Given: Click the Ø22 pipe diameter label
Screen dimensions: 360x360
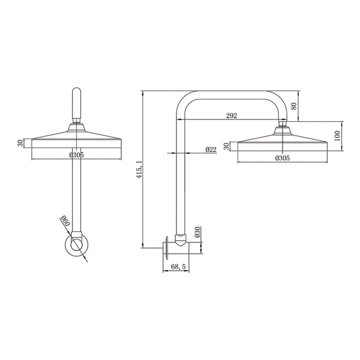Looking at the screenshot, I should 211,149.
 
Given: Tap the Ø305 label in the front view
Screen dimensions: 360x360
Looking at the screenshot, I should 76,155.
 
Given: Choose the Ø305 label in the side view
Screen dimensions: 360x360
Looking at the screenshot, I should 283,158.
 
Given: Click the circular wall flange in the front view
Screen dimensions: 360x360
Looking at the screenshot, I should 76,245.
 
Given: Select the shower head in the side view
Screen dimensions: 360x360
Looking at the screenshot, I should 283,142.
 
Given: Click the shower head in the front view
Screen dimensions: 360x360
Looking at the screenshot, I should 76,138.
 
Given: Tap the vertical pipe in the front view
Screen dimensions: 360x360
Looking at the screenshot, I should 76,192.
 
